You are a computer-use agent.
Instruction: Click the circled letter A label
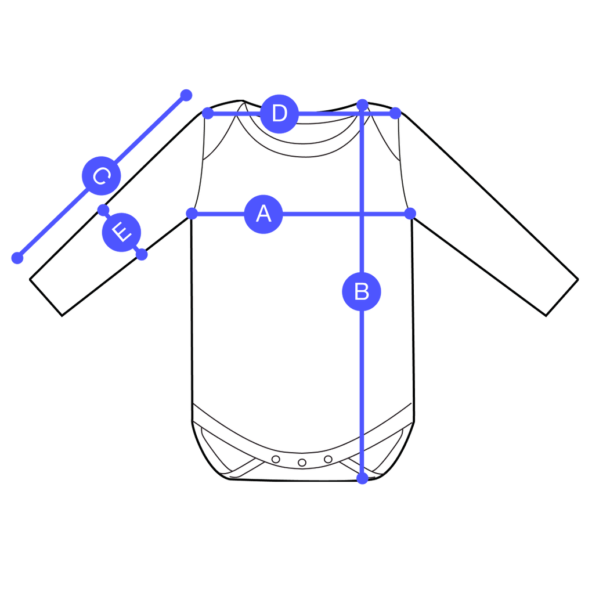click(x=263, y=214)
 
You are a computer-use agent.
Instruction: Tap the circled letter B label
click(x=362, y=291)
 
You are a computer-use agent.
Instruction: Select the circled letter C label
click(x=101, y=176)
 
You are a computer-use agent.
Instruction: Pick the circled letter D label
click(x=279, y=114)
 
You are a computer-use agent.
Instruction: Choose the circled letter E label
click(x=121, y=233)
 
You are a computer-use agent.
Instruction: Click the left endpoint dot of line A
click(x=192, y=214)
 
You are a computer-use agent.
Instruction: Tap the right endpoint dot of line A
click(x=410, y=214)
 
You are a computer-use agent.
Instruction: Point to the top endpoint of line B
click(x=362, y=104)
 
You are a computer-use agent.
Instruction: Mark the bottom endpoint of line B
click(x=362, y=479)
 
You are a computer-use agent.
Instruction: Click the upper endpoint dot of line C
click(x=185, y=95)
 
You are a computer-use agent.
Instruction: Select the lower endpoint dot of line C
click(x=18, y=258)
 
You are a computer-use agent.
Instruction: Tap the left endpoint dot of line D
click(x=207, y=113)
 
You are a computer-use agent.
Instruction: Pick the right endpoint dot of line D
click(x=395, y=113)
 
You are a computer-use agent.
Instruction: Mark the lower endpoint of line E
click(x=142, y=255)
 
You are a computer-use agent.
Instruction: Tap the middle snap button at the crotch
click(x=302, y=463)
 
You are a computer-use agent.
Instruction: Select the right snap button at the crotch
click(x=328, y=459)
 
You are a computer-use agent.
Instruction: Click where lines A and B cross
click(x=362, y=214)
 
